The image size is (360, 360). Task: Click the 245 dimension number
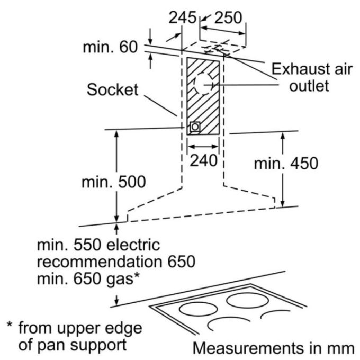(183, 17)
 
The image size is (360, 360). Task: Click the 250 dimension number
(228, 17)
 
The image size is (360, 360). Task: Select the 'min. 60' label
(110, 47)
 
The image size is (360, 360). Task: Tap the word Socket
(112, 89)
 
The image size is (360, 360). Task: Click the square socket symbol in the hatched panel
(195, 127)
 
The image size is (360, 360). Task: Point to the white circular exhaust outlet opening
(203, 84)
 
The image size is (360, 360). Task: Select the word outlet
(309, 86)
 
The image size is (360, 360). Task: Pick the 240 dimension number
(204, 160)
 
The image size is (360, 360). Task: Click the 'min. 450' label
(286, 164)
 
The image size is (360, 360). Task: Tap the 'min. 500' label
(114, 182)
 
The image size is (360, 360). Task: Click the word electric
(133, 245)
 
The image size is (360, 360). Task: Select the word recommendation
(100, 262)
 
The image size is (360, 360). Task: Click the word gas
(120, 279)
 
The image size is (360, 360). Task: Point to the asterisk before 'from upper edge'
(10, 325)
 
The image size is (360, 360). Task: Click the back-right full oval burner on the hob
(248, 301)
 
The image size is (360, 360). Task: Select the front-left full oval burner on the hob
(198, 309)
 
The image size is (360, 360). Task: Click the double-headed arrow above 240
(203, 147)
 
